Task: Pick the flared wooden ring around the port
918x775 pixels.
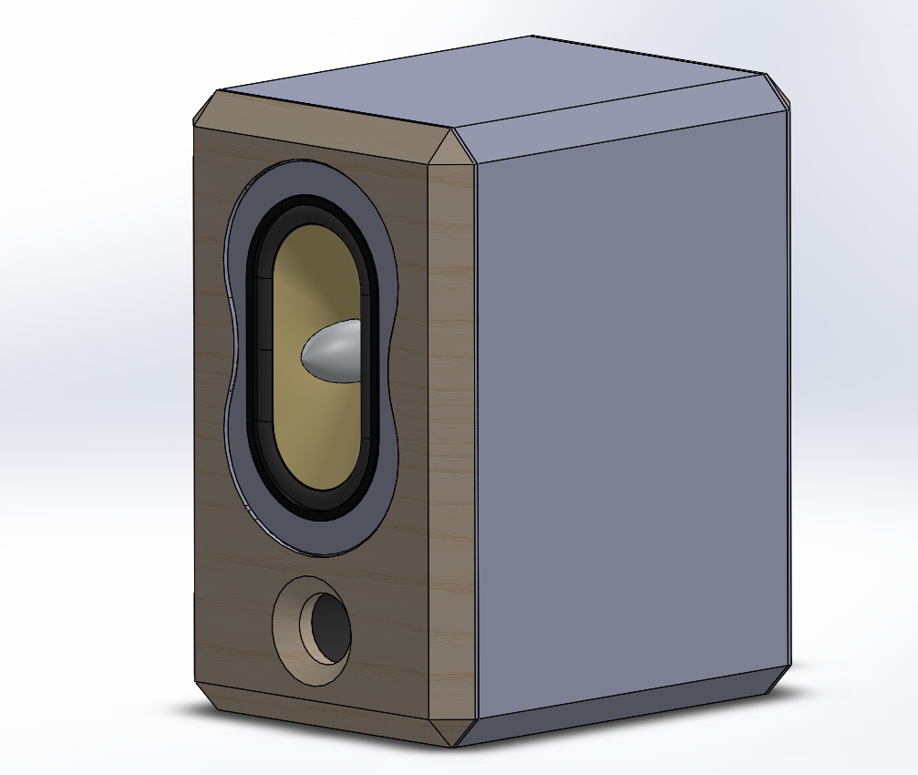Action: [290, 629]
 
